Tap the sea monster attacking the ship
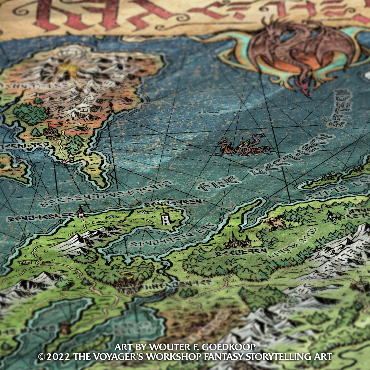pos(244,145)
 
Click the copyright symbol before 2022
pos(42,357)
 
